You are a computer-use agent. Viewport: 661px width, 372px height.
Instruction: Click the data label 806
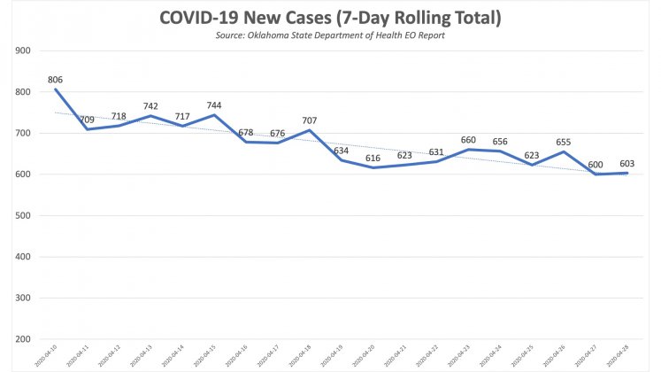click(x=56, y=79)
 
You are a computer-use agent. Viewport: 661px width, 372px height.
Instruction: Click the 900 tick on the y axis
click(x=23, y=50)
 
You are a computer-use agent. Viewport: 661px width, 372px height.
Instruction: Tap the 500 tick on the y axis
click(x=23, y=215)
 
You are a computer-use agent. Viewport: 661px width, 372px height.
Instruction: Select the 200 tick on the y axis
click(x=23, y=339)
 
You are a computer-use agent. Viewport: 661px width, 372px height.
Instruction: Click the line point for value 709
click(x=87, y=129)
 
